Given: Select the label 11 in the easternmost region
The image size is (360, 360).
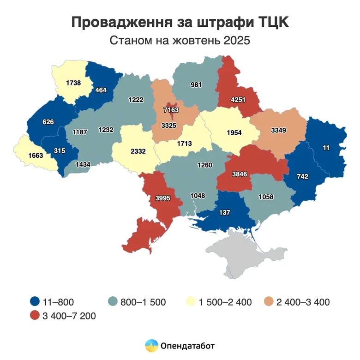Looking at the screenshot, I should (x=326, y=148).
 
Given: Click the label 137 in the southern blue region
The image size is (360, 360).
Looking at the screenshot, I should (x=225, y=212).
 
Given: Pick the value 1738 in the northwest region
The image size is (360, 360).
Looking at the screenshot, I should (x=74, y=83).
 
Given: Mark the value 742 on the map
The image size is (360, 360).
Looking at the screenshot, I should (x=302, y=177).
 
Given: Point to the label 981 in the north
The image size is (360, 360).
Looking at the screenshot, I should (x=197, y=85).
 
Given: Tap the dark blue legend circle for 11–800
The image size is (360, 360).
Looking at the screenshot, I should (x=33, y=302).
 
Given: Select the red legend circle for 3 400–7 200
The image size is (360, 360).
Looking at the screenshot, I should (x=33, y=316).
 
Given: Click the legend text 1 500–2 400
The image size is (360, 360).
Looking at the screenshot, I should (x=225, y=302).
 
